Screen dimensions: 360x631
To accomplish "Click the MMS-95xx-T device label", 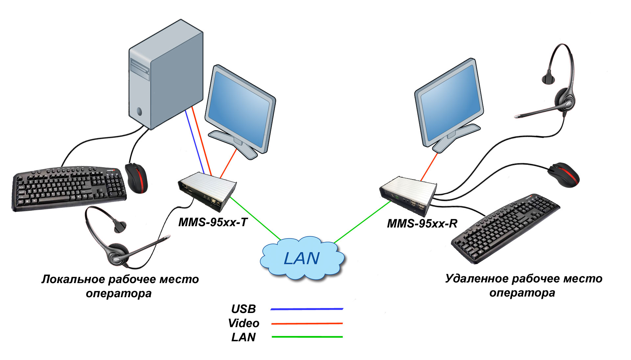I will [213, 223].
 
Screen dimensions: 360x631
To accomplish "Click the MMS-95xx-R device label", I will [422, 224].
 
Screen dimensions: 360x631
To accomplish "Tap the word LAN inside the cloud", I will [301, 258].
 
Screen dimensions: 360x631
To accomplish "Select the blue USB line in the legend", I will [307, 309].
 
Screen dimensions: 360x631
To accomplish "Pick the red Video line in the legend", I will [307, 324].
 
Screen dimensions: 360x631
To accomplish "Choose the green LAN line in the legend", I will [307, 337].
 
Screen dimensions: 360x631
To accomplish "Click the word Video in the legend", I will [244, 323].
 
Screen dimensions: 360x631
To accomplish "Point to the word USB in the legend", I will [243, 309].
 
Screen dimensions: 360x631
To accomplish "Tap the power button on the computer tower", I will [139, 111].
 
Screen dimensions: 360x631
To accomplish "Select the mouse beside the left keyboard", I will [136, 178].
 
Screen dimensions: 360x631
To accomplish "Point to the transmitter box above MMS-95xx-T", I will [207, 191].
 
